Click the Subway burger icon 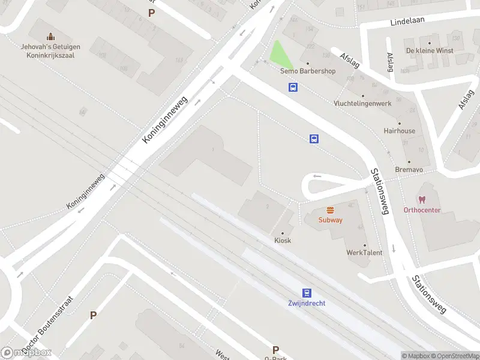pyautogui.click(x=330, y=210)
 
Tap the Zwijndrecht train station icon pyautogui.click(x=307, y=293)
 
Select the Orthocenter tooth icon pyautogui.click(x=422, y=200)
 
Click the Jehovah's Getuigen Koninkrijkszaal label pyautogui.click(x=50, y=50)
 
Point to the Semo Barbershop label pyautogui.click(x=308, y=71)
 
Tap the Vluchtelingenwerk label pyautogui.click(x=362, y=103)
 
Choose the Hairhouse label pyautogui.click(x=400, y=130)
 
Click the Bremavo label pyautogui.click(x=409, y=170)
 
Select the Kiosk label pyautogui.click(x=283, y=240)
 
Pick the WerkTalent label pyautogui.click(x=364, y=253)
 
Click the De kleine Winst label pyautogui.click(x=430, y=50)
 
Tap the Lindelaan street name pyautogui.click(x=407, y=20)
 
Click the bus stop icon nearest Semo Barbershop pyautogui.click(x=293, y=88)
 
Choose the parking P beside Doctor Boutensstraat pyautogui.click(x=93, y=315)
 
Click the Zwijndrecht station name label pyautogui.click(x=307, y=303)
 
